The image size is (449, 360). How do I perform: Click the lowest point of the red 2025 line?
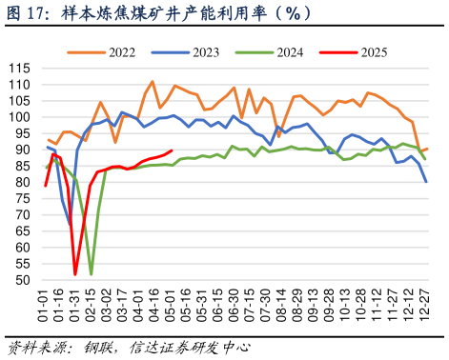click(75, 274)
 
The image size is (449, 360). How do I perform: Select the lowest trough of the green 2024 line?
click(92, 274)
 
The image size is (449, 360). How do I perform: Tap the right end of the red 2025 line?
click(171, 150)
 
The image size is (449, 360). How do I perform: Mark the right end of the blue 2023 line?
click(426, 181)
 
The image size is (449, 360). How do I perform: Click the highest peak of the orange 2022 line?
click(153, 82)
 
